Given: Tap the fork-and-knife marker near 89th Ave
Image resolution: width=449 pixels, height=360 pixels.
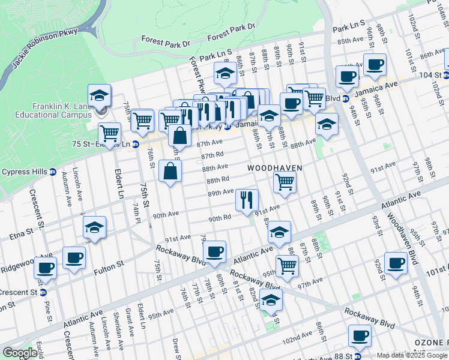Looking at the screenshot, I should click(x=246, y=200).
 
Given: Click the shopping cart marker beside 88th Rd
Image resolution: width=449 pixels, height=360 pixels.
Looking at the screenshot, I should click(x=285, y=181).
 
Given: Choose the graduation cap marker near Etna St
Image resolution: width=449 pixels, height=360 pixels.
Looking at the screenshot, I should click(x=94, y=227).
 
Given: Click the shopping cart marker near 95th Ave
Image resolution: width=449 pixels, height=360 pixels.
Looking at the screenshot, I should click(x=288, y=264).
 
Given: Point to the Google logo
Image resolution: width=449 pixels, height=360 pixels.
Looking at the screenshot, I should click(x=20, y=353).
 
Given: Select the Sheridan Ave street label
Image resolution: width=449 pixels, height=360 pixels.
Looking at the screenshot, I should click(x=115, y=338).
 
